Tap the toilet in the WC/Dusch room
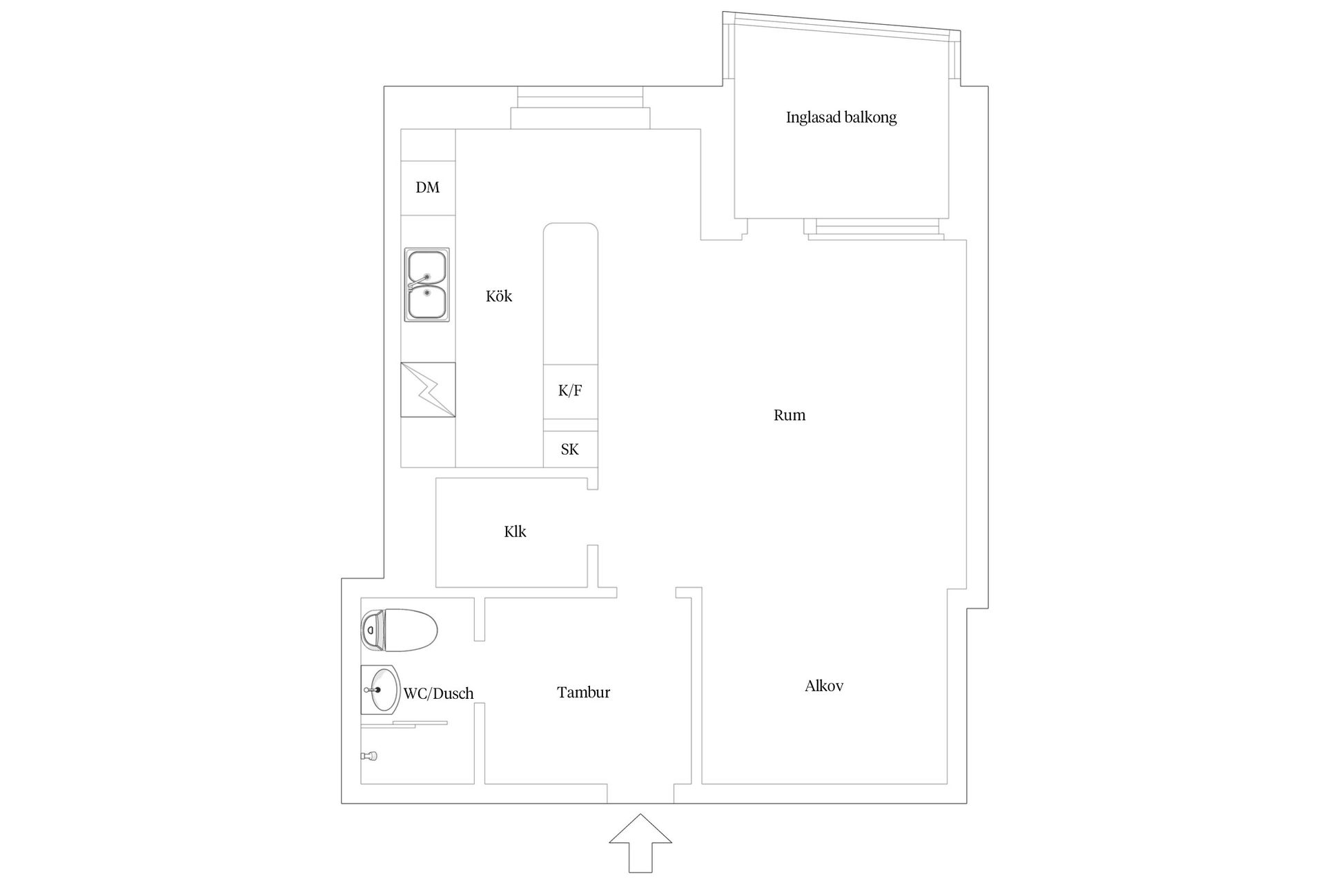399,630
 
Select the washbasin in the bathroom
380,690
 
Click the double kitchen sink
427,285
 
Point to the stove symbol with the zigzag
428,390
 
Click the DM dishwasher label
428,187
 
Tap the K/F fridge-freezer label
570,390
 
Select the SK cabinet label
570,449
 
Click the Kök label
499,296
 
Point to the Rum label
789,415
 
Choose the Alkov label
824,686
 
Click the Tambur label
584,692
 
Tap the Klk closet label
516,531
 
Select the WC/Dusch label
439,693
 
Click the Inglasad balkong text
841,117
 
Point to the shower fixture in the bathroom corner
369,756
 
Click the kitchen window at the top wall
580,108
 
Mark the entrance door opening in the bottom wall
640,793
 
